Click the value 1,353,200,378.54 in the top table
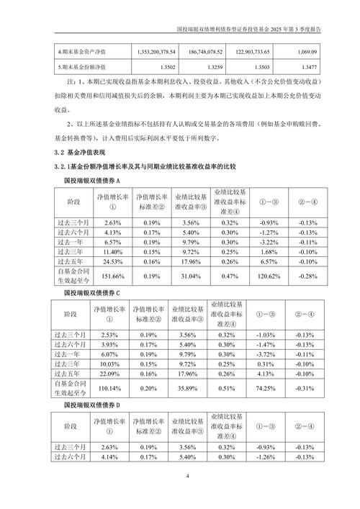pyautogui.click(x=156, y=53)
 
